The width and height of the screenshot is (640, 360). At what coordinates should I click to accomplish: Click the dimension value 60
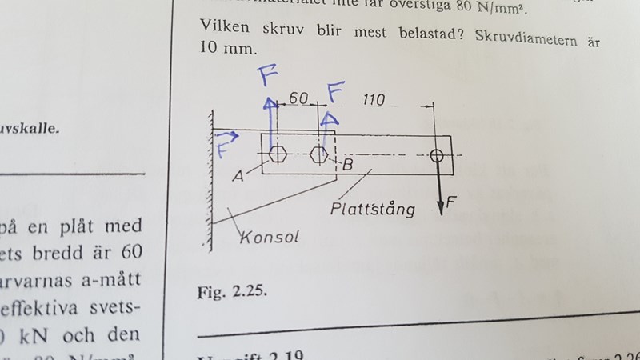point(298,98)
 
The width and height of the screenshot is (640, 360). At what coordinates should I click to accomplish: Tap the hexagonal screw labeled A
point(278,154)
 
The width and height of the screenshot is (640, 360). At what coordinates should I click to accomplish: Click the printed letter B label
point(347,166)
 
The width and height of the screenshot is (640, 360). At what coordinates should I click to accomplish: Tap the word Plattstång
point(374,210)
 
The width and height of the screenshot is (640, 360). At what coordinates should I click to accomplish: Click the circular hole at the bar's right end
point(437,155)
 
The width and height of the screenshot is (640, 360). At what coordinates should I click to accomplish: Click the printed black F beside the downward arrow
point(452,202)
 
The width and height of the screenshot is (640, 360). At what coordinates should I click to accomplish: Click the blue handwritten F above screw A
point(269,77)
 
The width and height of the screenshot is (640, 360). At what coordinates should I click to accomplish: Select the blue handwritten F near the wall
point(222,150)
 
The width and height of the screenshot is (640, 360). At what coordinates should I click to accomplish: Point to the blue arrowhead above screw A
point(271,102)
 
